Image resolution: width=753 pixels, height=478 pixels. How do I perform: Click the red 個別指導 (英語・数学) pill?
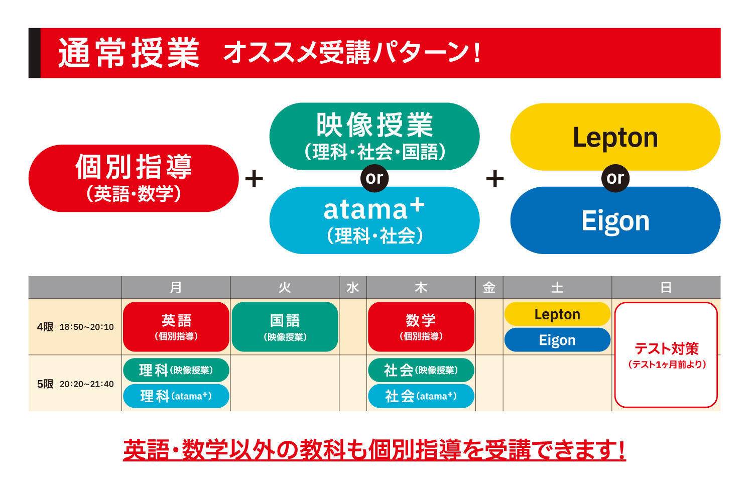click(x=134, y=178)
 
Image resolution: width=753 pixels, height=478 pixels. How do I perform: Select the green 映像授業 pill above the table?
click(x=374, y=136)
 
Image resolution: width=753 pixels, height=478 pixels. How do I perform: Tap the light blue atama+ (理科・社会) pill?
click(x=374, y=221)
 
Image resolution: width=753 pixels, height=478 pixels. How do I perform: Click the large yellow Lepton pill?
click(x=615, y=137)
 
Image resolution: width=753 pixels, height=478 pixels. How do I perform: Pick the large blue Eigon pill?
click(x=615, y=220)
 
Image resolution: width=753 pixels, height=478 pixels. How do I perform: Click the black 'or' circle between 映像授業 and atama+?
click(x=374, y=178)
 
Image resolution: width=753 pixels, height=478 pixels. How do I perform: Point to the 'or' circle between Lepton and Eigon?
click(x=615, y=178)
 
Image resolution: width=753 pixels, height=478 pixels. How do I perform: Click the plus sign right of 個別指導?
click(x=254, y=179)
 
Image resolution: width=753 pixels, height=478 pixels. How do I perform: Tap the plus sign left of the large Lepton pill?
click(x=495, y=179)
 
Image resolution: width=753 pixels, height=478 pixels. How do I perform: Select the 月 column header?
click(x=176, y=288)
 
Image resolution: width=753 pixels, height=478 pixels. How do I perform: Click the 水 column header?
click(x=353, y=288)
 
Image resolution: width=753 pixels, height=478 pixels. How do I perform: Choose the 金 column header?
click(x=489, y=288)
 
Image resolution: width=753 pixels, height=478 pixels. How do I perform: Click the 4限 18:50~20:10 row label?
click(x=75, y=327)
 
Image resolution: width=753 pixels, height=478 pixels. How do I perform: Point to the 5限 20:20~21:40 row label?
click(x=75, y=384)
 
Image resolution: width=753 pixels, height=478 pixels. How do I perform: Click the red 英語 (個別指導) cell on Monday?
click(x=176, y=327)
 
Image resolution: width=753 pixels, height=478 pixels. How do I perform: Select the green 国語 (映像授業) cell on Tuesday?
click(x=285, y=327)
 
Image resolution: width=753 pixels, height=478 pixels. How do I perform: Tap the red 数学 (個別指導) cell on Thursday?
click(x=421, y=327)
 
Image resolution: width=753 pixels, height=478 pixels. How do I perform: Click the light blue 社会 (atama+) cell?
click(x=421, y=396)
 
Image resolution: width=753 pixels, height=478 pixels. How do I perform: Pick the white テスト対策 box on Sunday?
click(x=666, y=355)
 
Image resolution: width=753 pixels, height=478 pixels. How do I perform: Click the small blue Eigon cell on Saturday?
click(x=557, y=340)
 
